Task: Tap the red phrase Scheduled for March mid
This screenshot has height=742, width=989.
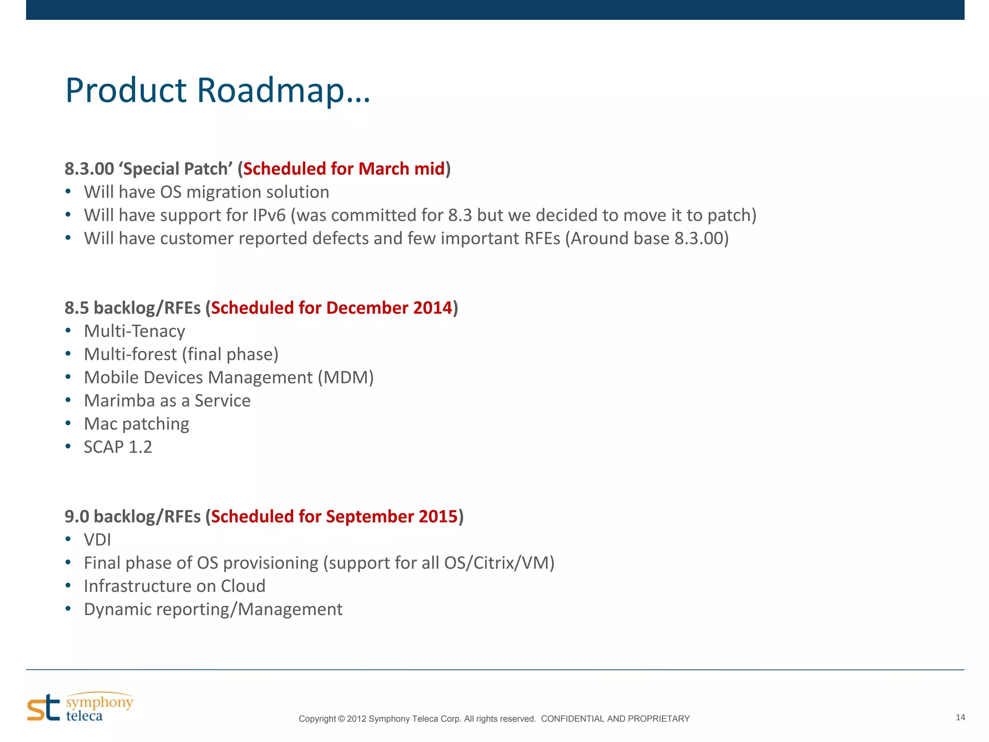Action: coord(344,169)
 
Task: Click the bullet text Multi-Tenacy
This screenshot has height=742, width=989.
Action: coord(134,331)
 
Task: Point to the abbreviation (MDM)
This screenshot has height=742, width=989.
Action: coord(346,378)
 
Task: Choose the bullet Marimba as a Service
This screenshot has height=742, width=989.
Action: coord(167,401)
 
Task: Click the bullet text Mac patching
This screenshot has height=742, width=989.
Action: coord(136,424)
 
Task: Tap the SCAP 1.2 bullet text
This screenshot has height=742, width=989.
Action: coord(118,447)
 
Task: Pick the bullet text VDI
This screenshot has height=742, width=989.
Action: coord(98,540)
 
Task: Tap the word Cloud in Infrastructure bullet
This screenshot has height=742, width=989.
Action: coord(243,586)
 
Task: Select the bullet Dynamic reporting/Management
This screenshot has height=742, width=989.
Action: coord(213,609)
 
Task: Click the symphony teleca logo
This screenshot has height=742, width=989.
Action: coord(80,708)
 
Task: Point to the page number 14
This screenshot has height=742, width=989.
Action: coord(960,717)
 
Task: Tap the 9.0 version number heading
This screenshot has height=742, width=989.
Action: coord(77,517)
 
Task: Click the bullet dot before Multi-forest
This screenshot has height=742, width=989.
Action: coord(68,354)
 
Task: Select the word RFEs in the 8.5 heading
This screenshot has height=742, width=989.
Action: coord(183,308)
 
